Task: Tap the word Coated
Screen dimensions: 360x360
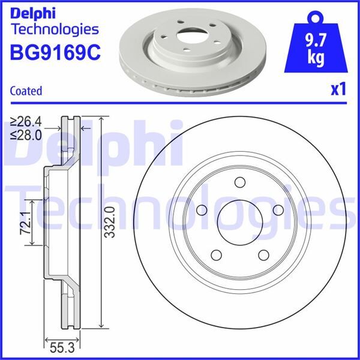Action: coord(26,91)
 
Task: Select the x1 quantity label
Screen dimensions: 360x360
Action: coord(339,89)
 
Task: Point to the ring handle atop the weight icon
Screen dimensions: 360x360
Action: coord(316,16)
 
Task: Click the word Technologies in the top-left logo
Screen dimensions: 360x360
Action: coord(54,29)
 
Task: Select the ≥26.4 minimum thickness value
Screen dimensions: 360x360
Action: coord(27,123)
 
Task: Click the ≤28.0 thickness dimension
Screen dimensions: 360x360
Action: coord(27,135)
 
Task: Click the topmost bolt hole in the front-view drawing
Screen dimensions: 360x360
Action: coord(239,183)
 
